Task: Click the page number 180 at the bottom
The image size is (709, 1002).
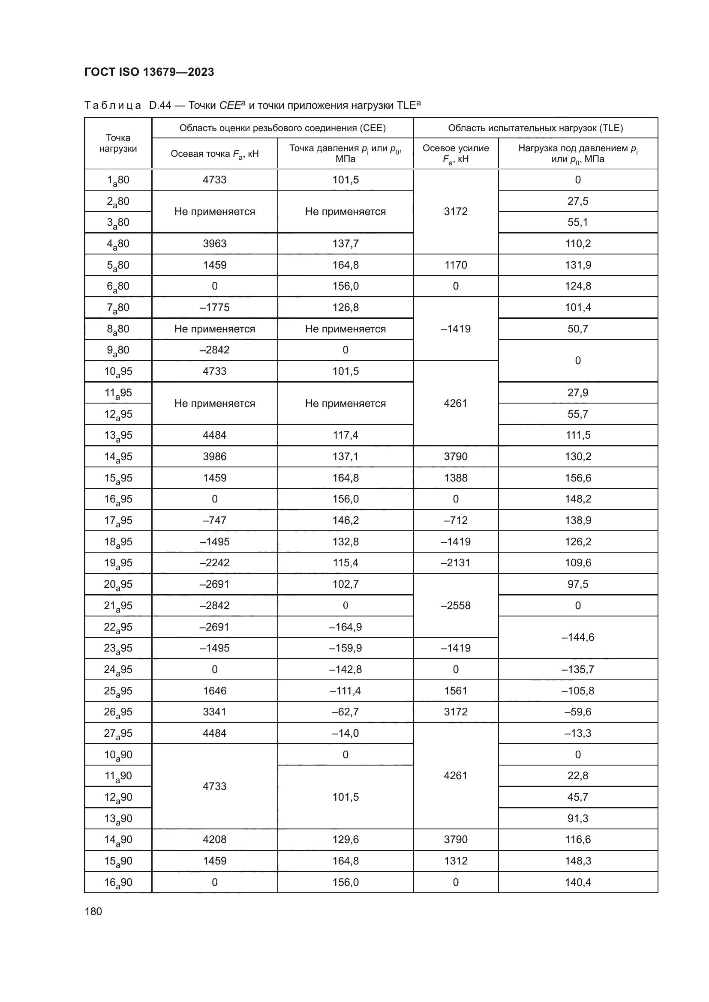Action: click(93, 911)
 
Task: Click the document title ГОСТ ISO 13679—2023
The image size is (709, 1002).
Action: click(149, 72)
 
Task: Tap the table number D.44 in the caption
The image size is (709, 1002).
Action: click(160, 106)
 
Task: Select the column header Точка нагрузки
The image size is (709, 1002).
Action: click(118, 143)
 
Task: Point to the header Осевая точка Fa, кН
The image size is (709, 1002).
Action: click(214, 154)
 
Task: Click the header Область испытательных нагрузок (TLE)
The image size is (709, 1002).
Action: click(535, 128)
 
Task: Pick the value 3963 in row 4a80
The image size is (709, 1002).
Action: click(214, 243)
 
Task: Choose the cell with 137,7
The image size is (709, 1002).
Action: click(345, 243)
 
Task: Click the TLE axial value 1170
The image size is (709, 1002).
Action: click(455, 265)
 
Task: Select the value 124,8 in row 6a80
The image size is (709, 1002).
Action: click(577, 286)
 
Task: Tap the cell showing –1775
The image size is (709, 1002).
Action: click(214, 308)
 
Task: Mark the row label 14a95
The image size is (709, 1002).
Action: click(118, 457)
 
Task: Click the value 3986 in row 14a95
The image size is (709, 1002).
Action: click(214, 457)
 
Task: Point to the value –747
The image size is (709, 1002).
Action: click(214, 520)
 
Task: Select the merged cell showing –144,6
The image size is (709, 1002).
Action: click(577, 637)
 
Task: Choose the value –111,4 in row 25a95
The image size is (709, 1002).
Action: click(345, 691)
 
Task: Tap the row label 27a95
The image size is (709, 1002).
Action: click(118, 733)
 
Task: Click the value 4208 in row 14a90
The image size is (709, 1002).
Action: click(214, 840)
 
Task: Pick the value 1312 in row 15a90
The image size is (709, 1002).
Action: click(455, 861)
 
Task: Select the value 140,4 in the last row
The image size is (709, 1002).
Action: click(577, 882)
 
